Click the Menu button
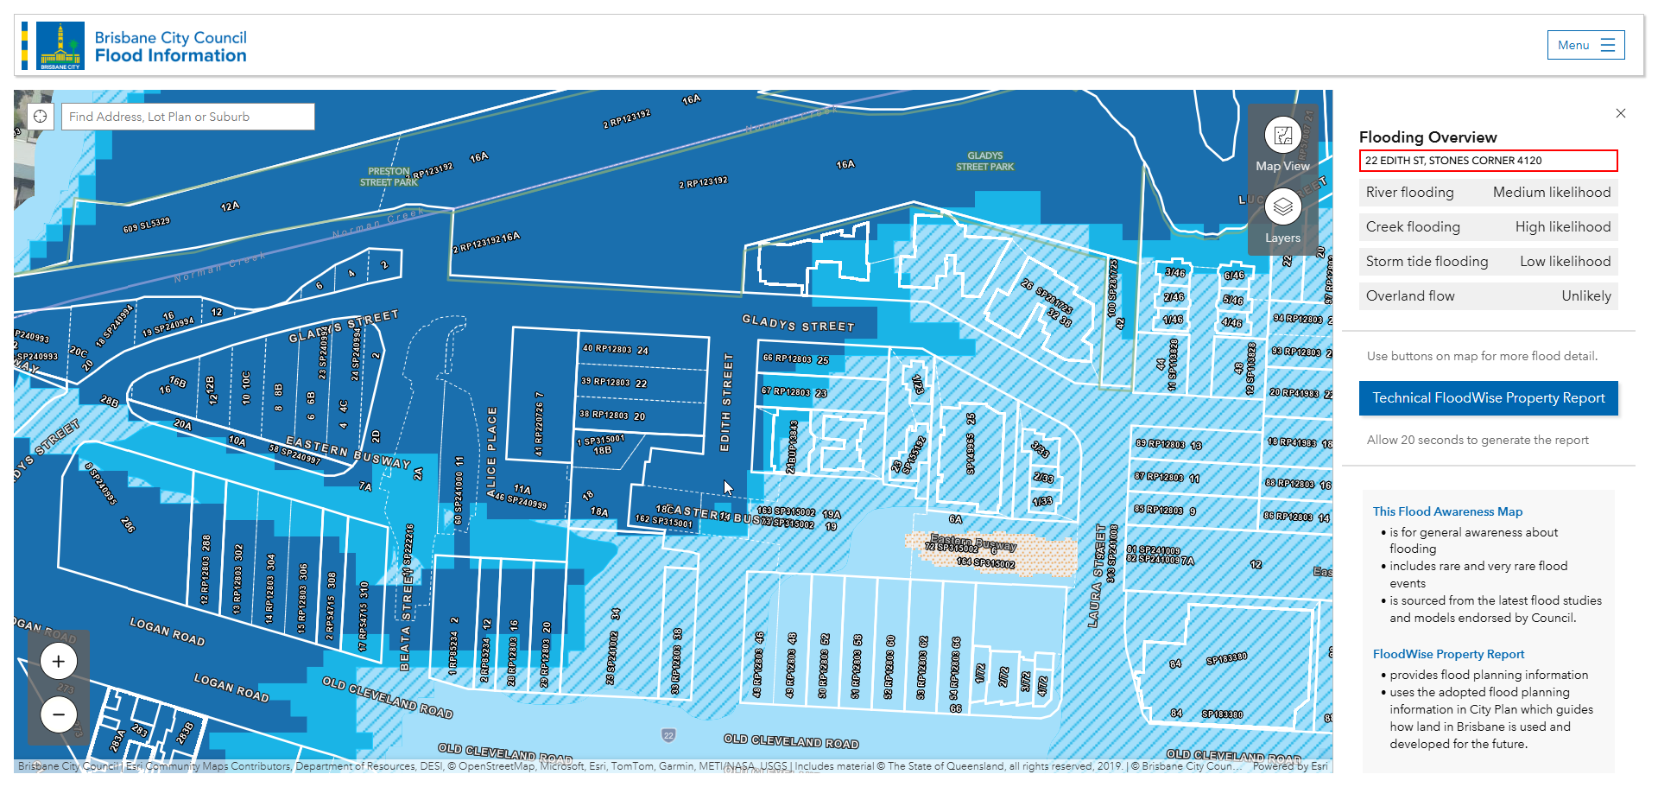pyautogui.click(x=1585, y=46)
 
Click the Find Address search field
pyautogui.click(x=187, y=117)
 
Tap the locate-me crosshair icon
pyautogui.click(x=41, y=117)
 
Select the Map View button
pyautogui.click(x=1282, y=144)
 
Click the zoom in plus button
pyautogui.click(x=59, y=662)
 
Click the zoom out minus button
pyautogui.click(x=59, y=714)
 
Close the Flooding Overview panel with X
pyautogui.click(x=1621, y=113)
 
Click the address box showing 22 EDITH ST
pyautogui.click(x=1487, y=161)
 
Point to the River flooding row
pyautogui.click(x=1487, y=193)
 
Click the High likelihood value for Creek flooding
pyautogui.click(x=1562, y=227)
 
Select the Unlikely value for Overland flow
pyautogui.click(x=1585, y=296)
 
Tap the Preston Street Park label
pyautogui.click(x=389, y=177)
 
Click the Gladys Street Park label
pyautogui.click(x=984, y=162)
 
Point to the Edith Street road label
pyautogui.click(x=726, y=402)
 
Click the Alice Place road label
pyautogui.click(x=491, y=452)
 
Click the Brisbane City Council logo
pyautogui.click(x=60, y=46)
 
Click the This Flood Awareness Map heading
pyautogui.click(x=1447, y=511)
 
